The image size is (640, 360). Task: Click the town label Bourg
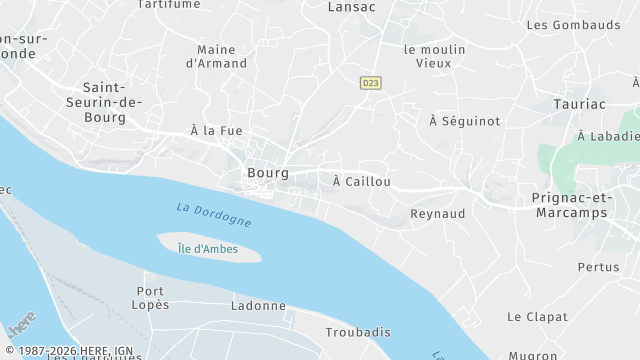[267, 173]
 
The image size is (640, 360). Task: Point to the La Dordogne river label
[213, 214]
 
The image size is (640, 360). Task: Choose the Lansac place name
[352, 6]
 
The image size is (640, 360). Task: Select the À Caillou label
[361, 181]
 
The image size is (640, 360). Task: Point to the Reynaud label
[438, 214]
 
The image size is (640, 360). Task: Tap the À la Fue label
[216, 131]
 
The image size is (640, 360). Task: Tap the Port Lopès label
[152, 297]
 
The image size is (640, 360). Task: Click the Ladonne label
[258, 306]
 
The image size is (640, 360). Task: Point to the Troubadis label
[358, 332]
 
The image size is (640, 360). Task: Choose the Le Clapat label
[530, 317]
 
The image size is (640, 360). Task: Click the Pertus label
[599, 267]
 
